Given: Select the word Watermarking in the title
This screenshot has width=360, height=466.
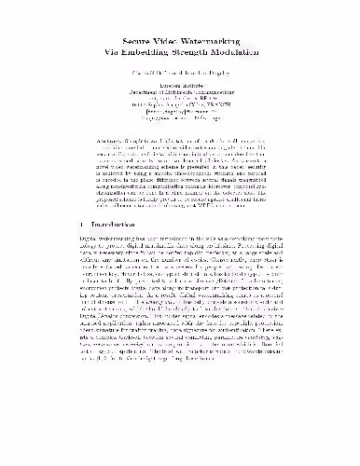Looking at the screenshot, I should tap(214, 54).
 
